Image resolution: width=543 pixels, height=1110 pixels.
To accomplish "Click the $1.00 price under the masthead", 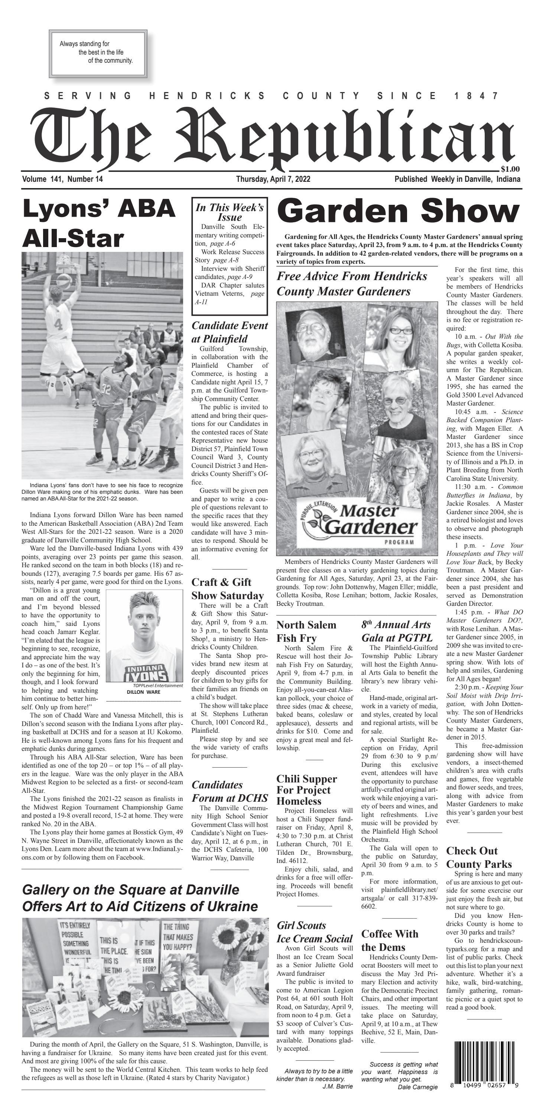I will pos(510,169).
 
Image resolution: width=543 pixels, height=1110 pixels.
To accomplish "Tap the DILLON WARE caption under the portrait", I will pos(143,692).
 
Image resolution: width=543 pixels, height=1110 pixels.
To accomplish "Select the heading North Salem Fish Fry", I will pos(306,631).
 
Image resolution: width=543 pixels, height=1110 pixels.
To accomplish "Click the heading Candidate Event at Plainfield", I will pos(230,332).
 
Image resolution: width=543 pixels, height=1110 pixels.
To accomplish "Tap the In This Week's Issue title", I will pos(230,211).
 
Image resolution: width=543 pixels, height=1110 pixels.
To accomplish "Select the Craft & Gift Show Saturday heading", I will pos(227,589).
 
